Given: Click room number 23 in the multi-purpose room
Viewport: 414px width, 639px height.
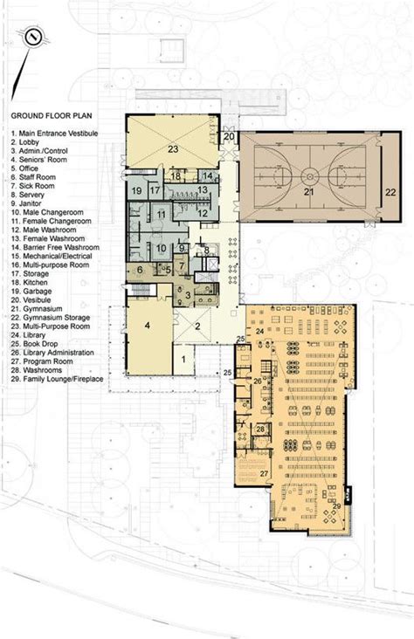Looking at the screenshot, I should tap(173, 150).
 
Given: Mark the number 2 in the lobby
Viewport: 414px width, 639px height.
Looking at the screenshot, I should tap(197, 326).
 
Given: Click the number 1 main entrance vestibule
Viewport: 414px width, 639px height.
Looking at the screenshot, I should tap(183, 358).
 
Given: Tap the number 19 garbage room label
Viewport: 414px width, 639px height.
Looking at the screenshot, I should tap(137, 191).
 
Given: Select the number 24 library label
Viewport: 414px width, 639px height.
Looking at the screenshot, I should tap(259, 331).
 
